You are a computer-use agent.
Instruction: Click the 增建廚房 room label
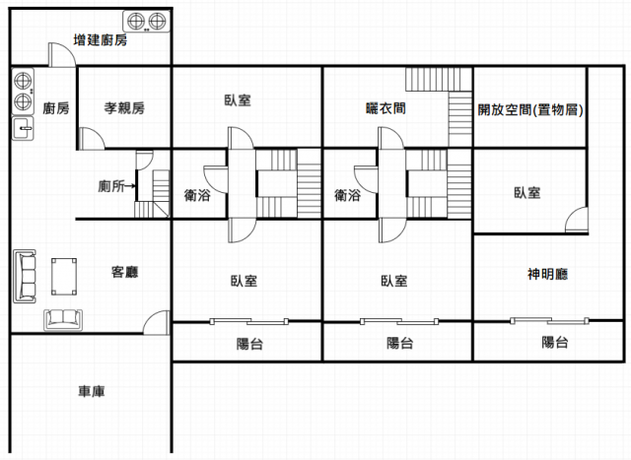tap(101, 39)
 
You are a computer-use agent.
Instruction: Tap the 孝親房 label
tap(124, 107)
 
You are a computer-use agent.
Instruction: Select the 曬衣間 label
tap(386, 108)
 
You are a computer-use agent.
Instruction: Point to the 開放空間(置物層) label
tap(530, 109)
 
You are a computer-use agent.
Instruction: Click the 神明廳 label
tap(547, 274)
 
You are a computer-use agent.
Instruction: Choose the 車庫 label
tap(92, 391)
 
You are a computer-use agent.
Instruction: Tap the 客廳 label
tap(125, 272)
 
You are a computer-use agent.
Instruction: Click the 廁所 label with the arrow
tap(116, 186)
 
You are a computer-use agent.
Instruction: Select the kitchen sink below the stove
tap(23, 128)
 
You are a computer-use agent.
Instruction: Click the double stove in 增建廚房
tap(147, 22)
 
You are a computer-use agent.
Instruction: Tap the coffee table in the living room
tap(64, 277)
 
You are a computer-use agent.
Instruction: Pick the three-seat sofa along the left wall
tap(25, 276)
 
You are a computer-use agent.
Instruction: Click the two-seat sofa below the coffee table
tap(63, 320)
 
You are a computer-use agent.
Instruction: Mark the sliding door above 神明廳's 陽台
tap(550, 321)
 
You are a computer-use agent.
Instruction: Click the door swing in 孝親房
tap(92, 139)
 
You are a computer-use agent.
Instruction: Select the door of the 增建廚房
tap(62, 55)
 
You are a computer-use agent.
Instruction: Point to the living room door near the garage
tap(156, 322)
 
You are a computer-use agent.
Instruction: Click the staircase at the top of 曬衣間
tap(439, 79)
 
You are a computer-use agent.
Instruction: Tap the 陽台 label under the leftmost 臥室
tap(249, 344)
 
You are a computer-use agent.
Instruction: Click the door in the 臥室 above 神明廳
tap(577, 220)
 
